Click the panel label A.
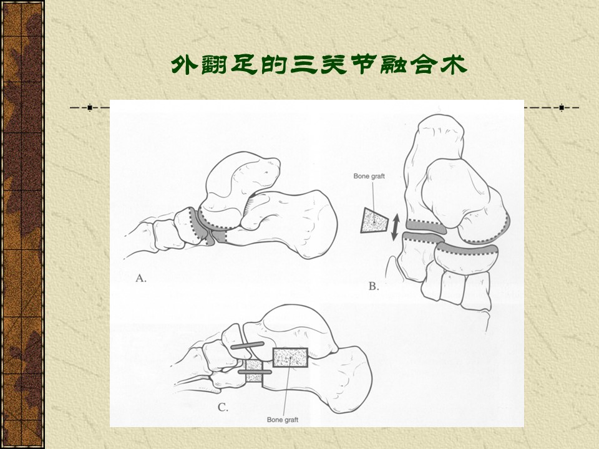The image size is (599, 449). [140, 278]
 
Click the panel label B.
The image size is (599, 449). [374, 286]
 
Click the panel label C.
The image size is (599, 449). [223, 407]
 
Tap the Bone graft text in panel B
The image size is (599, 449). [369, 176]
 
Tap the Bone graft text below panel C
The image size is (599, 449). [282, 420]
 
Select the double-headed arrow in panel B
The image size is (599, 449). [396, 227]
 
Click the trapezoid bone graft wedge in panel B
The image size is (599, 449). [374, 221]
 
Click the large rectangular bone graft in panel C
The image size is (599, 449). [290, 358]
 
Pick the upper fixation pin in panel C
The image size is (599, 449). [247, 345]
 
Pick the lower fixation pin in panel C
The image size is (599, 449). [255, 372]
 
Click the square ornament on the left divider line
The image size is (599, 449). [90, 108]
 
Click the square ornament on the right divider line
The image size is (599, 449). [562, 108]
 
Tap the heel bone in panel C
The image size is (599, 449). [336, 378]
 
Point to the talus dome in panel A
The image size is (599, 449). [241, 180]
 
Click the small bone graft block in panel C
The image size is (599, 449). [254, 370]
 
